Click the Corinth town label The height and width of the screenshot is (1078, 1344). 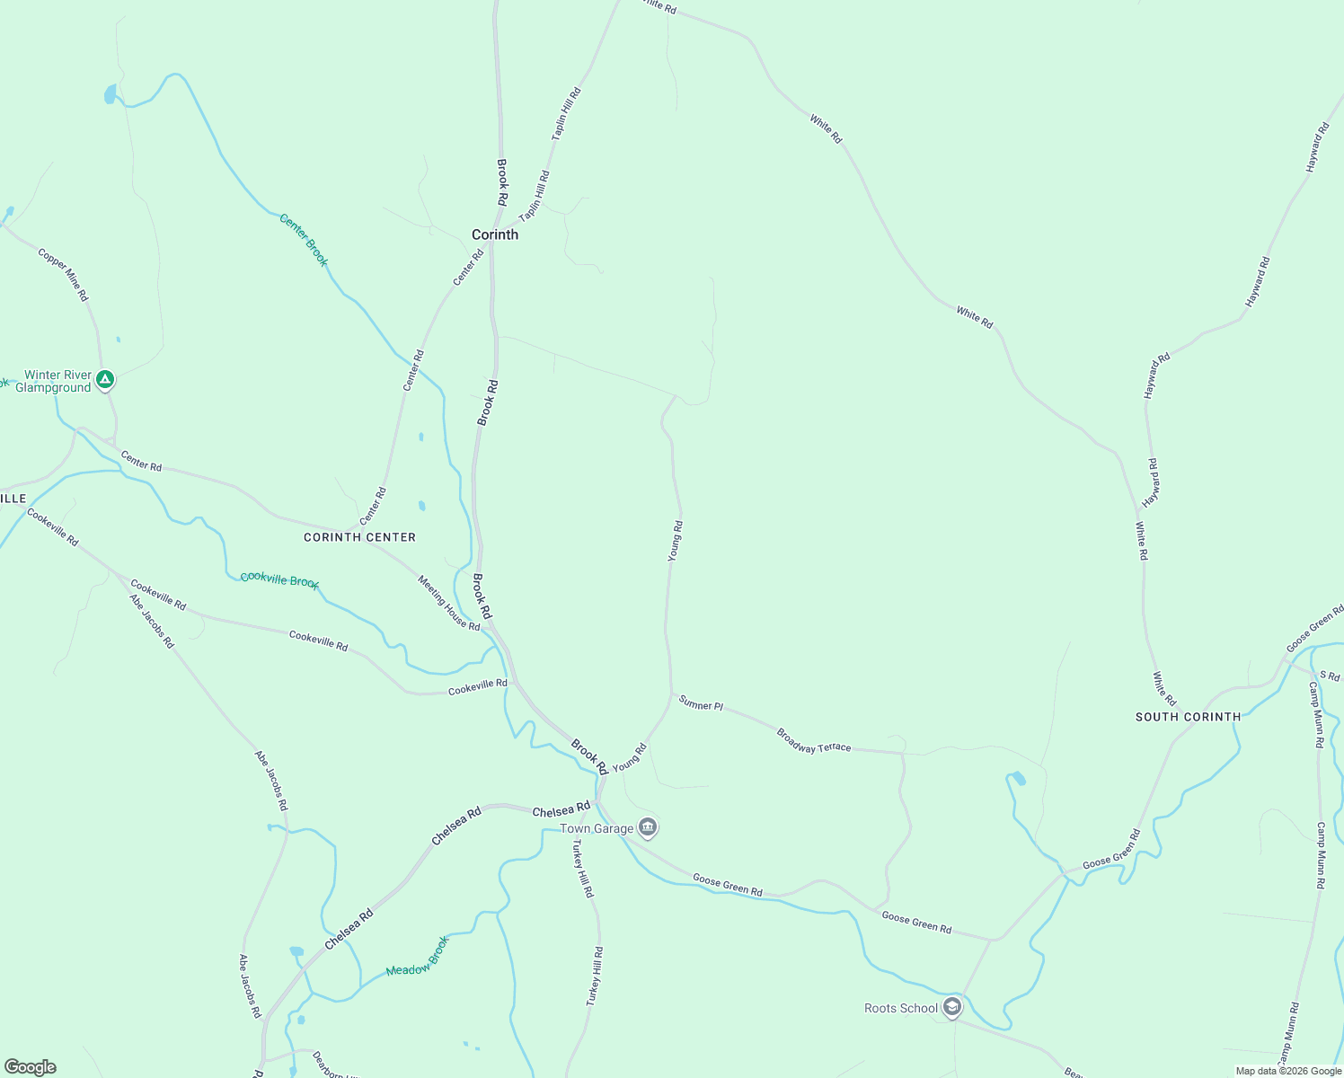tap(495, 234)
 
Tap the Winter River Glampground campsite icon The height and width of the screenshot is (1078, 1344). tap(105, 381)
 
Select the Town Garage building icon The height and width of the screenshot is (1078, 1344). tap(648, 827)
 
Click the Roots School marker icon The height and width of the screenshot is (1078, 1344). tap(952, 1008)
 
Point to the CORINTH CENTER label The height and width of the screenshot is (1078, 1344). tap(359, 537)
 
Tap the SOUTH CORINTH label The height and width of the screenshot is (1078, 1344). tap(1188, 717)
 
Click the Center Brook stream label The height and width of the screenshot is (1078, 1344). tap(304, 240)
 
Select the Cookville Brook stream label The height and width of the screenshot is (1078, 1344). tap(279, 580)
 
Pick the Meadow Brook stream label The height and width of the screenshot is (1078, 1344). tap(417, 958)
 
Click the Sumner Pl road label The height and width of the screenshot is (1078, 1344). tap(701, 704)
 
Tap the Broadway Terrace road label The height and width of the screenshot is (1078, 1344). tap(813, 741)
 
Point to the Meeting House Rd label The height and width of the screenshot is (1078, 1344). tap(448, 603)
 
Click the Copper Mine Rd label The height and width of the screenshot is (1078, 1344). tap(63, 275)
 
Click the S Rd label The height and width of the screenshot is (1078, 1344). tap(1329, 676)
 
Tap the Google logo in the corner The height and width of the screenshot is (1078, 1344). tap(31, 1067)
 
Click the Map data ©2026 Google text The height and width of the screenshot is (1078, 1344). tap(1288, 1071)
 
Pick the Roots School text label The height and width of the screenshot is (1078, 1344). tap(900, 1008)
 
